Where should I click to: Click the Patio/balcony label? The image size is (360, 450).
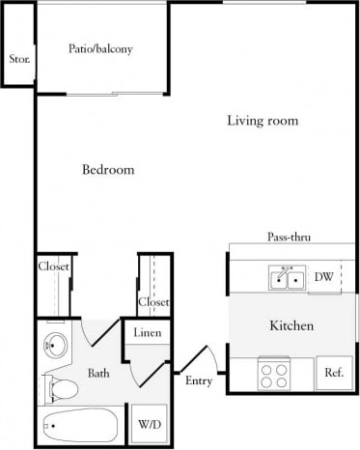coord(100,48)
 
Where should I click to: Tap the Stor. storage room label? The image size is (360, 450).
coord(18,60)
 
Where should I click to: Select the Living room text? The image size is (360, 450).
coord(262,121)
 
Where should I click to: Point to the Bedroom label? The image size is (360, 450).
coord(107,170)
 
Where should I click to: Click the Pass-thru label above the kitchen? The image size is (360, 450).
coord(289,237)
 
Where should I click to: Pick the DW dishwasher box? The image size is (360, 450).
coord(324,277)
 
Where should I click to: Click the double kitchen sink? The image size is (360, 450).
coord(287,278)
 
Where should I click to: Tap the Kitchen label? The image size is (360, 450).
coord(290,325)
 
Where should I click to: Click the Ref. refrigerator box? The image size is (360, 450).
coord(334,373)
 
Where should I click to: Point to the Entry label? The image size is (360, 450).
coord(198,380)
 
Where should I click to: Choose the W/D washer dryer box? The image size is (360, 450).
coord(149,423)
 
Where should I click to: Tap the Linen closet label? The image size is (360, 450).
coord(148,334)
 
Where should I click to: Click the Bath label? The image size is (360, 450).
coord(98,373)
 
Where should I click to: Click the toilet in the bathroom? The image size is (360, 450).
coord(62,389)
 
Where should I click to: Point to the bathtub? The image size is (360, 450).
coord(78,424)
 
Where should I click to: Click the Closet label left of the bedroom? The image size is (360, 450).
coord(52,267)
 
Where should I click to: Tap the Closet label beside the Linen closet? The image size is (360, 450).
coord(153,302)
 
